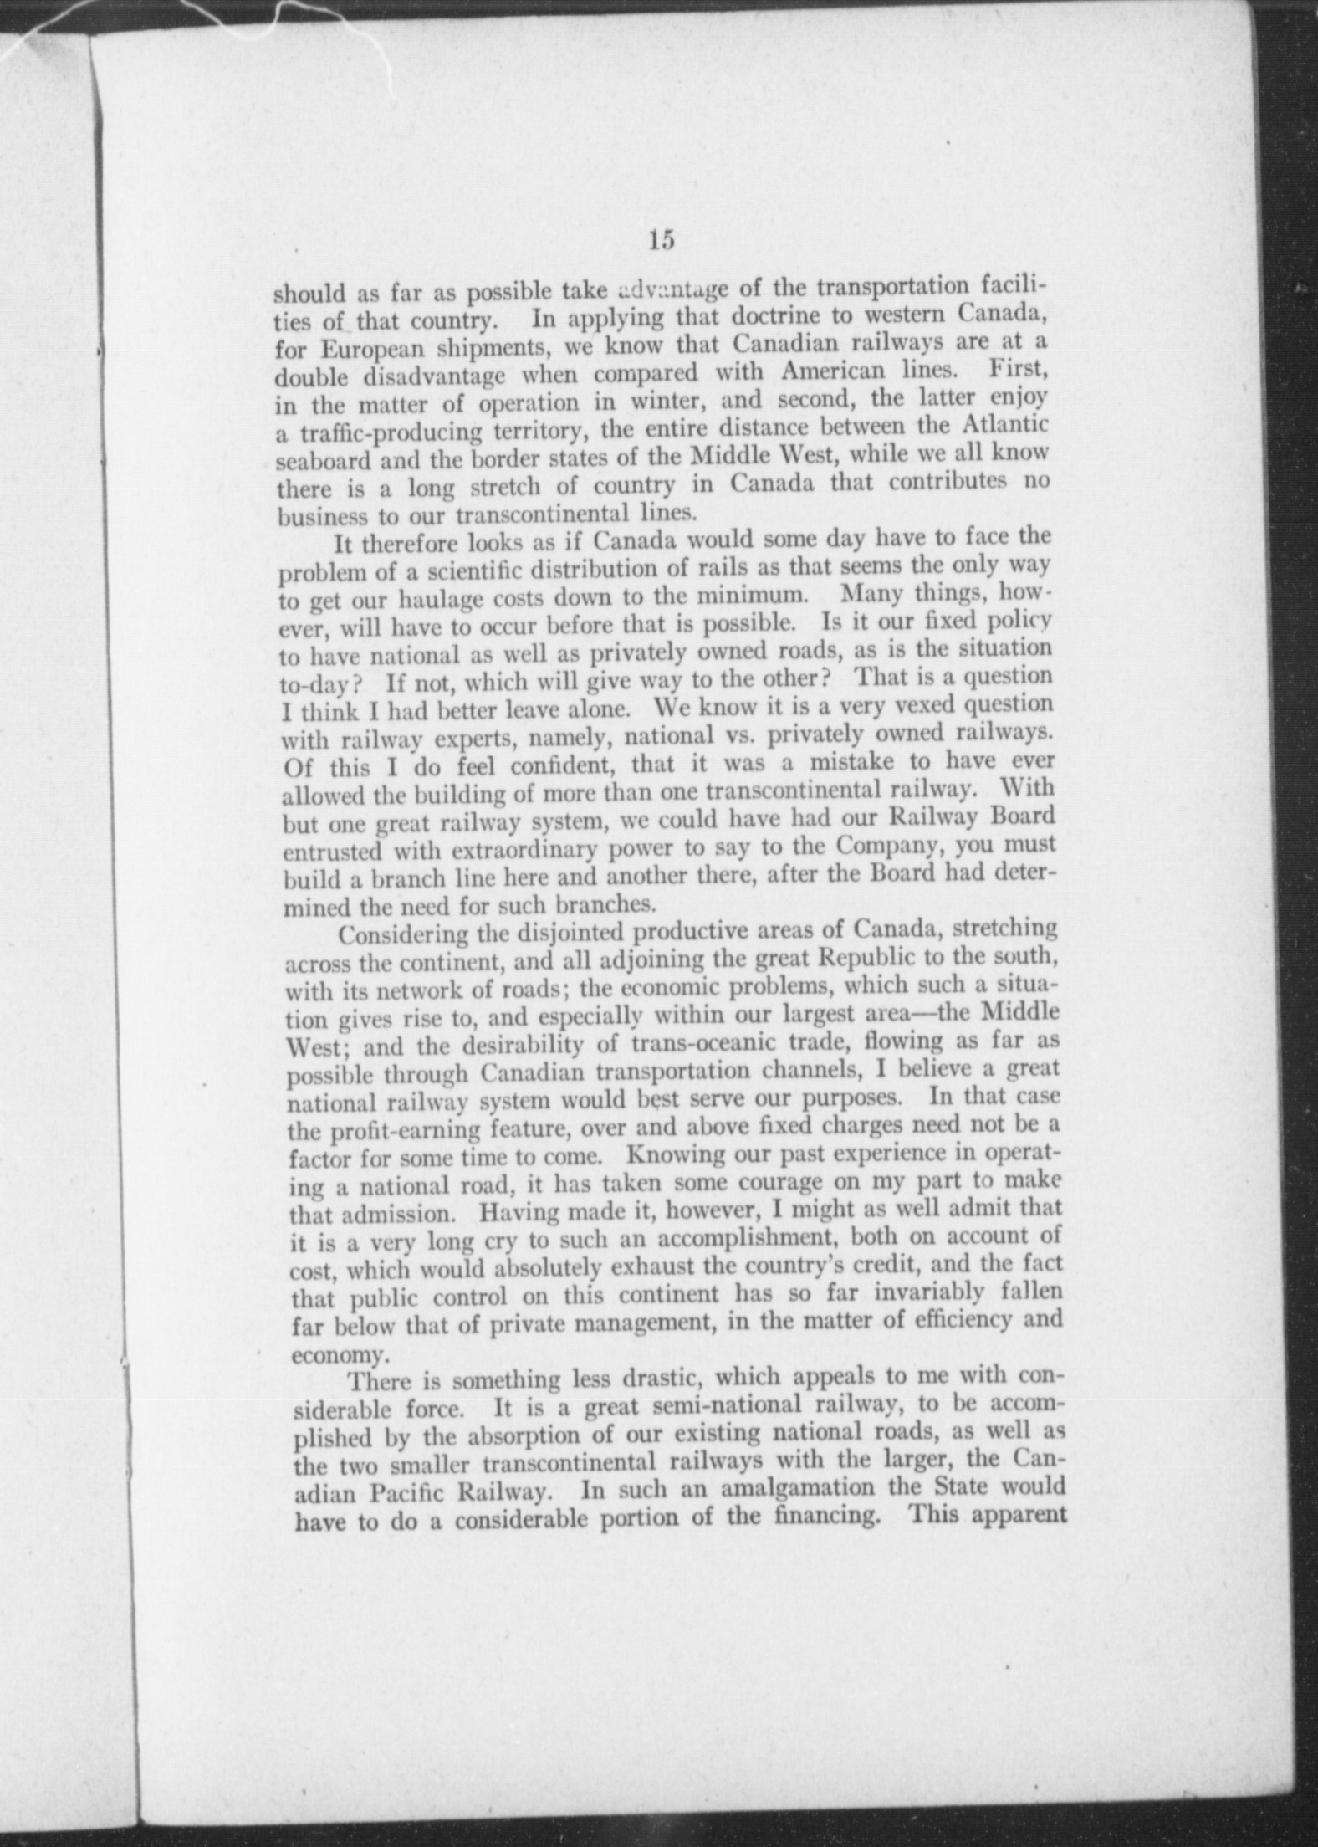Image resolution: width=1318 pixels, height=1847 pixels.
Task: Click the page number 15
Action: coord(659,241)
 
